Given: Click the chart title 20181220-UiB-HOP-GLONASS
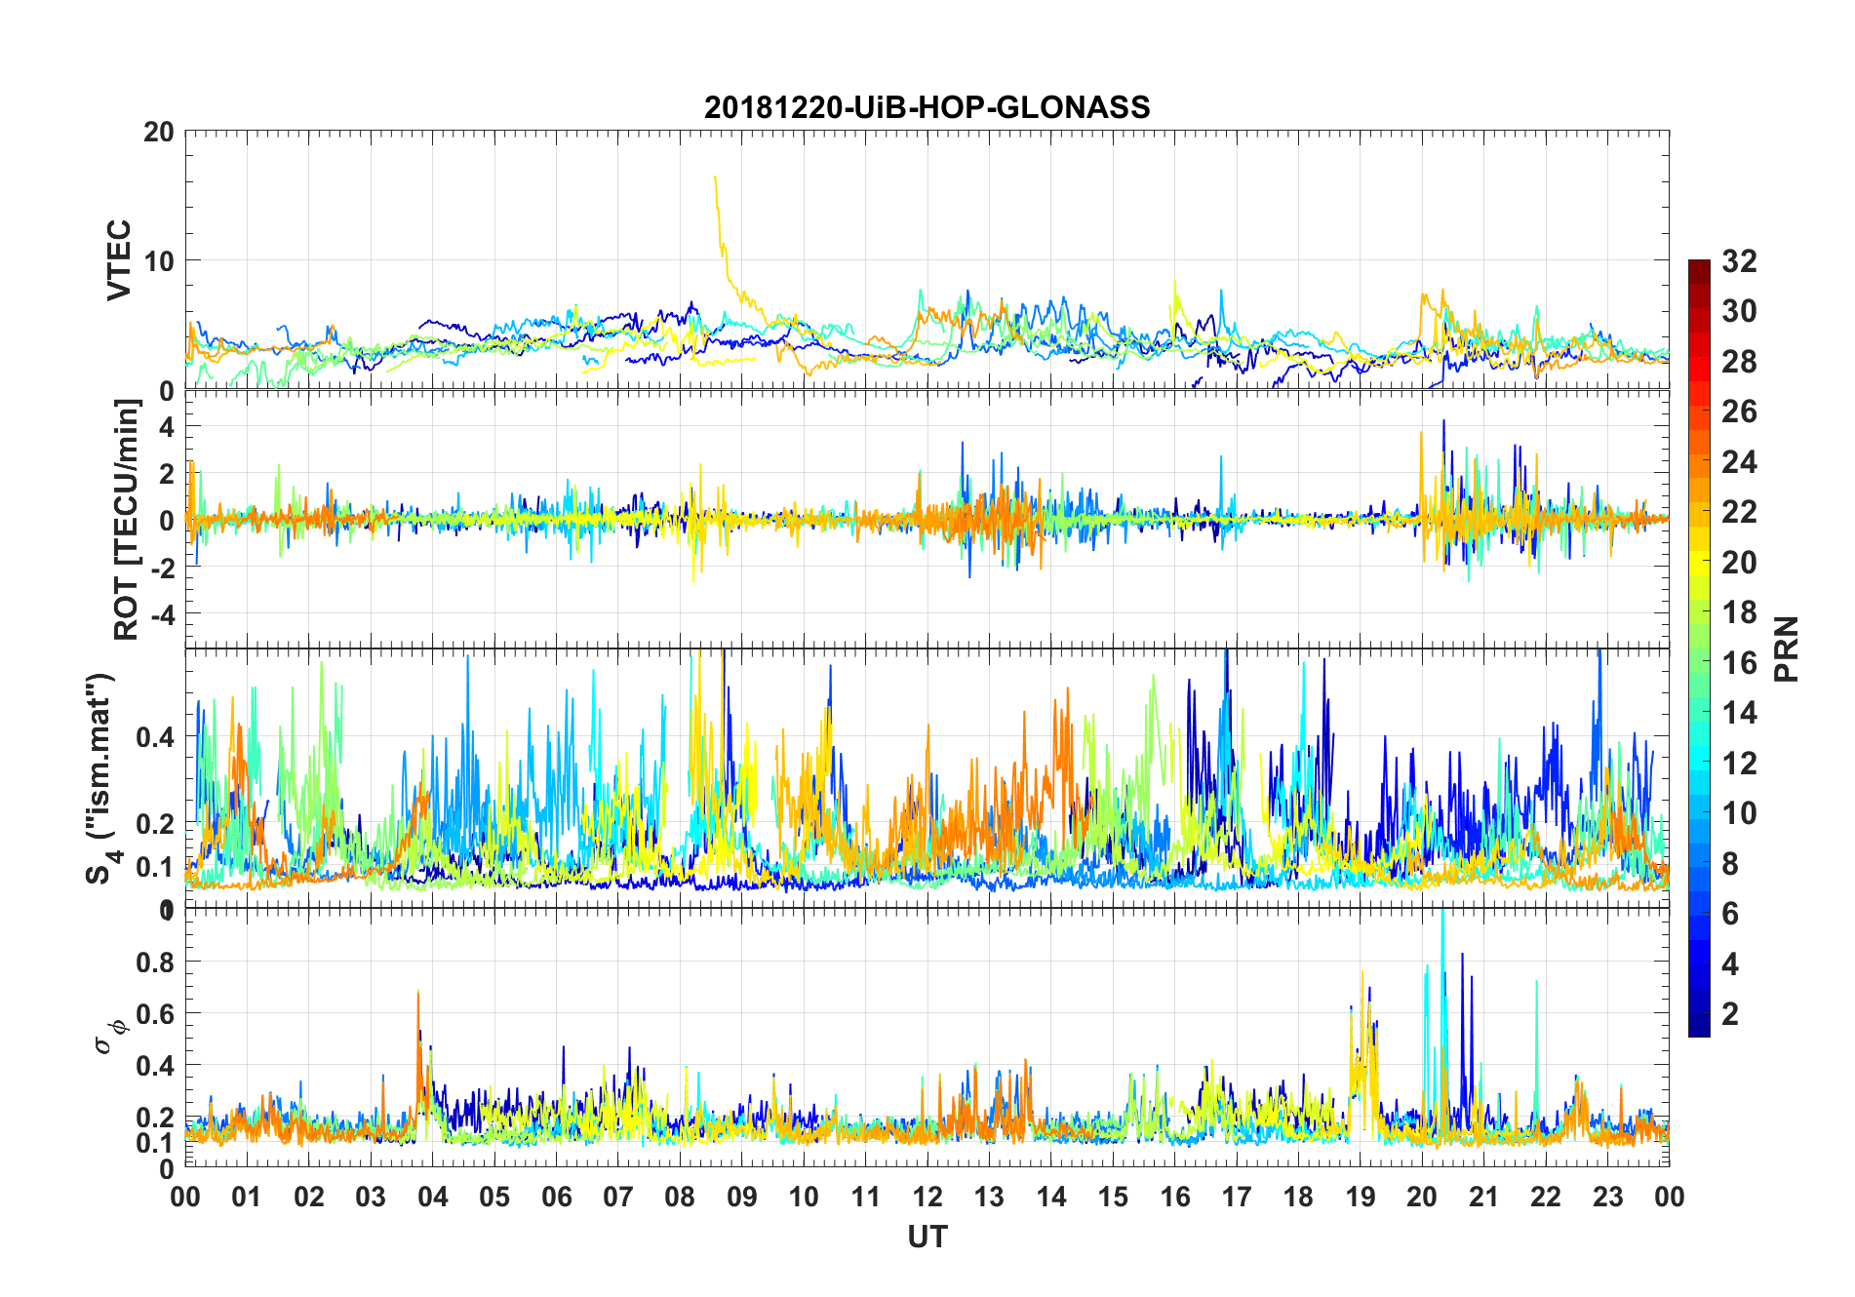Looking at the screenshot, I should point(927,107).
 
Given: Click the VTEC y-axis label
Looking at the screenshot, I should point(118,260).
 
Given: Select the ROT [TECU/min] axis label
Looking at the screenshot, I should point(126,519).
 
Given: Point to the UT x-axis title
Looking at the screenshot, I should point(927,1237).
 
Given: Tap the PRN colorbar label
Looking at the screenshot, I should point(1786,648).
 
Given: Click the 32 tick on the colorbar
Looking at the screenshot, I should point(1739,261).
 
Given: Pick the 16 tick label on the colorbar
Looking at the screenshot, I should point(1739,663).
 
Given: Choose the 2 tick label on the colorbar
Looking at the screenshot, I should point(1730,1014).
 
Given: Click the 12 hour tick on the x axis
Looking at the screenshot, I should point(927,1197).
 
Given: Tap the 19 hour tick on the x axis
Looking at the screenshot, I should point(1361,1197).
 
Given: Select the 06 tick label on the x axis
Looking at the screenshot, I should point(556,1197).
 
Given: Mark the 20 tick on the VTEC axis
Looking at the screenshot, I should point(159,132).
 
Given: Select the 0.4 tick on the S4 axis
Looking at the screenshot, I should point(156,737).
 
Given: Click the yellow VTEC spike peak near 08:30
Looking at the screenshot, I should point(715,177).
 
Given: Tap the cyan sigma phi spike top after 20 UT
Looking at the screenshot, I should point(1442,912).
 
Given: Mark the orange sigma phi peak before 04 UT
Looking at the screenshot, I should point(418,992).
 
